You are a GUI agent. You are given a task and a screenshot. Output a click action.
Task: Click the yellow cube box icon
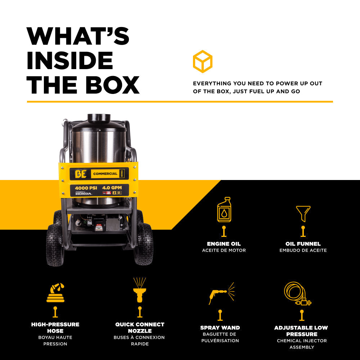(x=202, y=61)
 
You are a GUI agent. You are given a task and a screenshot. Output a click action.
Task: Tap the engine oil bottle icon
(x=224, y=210)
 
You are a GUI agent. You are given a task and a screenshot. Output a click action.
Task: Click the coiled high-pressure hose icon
(x=55, y=293)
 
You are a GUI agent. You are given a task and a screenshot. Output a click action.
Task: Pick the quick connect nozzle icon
(x=139, y=290)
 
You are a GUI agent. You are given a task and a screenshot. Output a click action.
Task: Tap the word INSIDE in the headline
(x=70, y=60)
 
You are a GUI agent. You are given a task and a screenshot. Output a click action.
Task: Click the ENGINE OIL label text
(x=224, y=244)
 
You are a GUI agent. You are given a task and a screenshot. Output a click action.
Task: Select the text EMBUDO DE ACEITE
(x=303, y=250)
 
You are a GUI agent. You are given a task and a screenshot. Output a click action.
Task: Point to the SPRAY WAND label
(x=220, y=328)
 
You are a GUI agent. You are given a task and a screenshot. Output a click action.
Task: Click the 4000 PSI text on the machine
(x=86, y=188)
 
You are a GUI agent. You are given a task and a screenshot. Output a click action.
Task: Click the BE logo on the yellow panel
(x=80, y=174)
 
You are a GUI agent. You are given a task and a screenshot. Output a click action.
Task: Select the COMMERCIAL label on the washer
(x=105, y=174)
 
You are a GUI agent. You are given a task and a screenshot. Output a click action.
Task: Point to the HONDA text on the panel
(x=84, y=194)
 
